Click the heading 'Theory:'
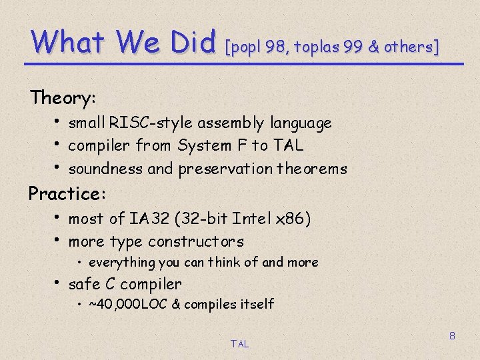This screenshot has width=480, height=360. [63, 98]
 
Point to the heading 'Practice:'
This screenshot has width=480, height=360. [64, 194]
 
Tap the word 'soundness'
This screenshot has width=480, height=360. [105, 169]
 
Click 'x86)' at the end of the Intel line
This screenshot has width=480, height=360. [294, 219]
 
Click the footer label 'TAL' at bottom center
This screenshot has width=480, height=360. [239, 344]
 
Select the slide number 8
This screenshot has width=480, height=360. [452, 336]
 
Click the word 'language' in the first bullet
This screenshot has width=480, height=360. [301, 123]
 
